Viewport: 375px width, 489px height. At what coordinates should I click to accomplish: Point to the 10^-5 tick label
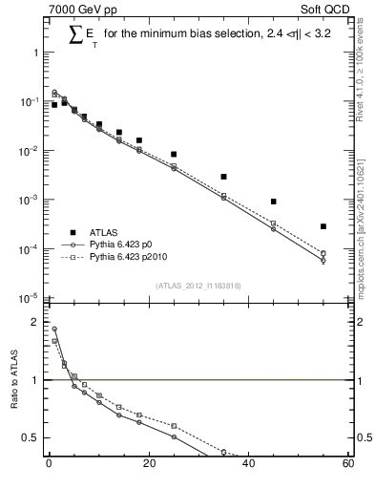coord(30,298)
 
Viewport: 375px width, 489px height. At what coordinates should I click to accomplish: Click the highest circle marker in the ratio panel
coord(54,330)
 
